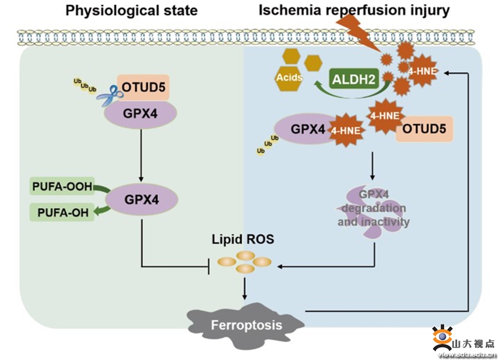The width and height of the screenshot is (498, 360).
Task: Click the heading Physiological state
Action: click(132, 11)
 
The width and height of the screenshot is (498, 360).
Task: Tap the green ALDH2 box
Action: click(354, 79)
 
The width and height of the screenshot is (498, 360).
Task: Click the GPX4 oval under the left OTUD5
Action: click(142, 114)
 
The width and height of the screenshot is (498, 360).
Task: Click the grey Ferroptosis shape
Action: click(246, 325)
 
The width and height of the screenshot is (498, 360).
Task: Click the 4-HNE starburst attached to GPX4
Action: click(346, 131)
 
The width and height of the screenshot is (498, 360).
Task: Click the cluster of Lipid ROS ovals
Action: click(245, 261)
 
